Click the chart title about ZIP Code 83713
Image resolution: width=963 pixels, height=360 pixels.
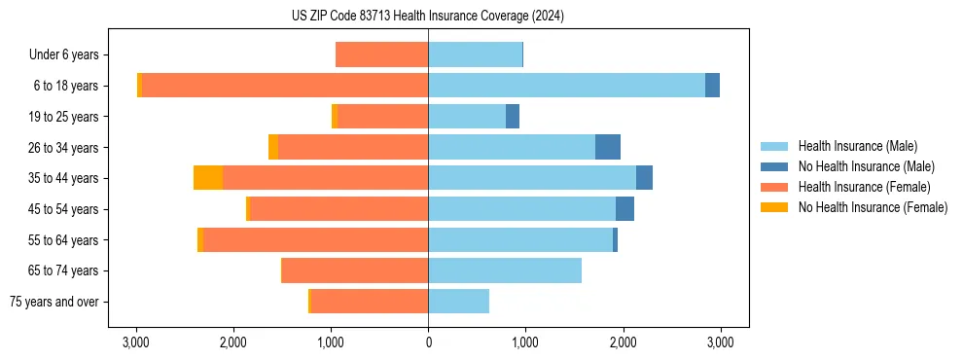(427, 17)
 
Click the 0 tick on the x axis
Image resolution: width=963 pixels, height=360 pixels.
(428, 342)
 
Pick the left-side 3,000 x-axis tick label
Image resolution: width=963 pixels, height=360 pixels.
(136, 342)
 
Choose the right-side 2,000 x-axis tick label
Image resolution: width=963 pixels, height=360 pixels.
(623, 342)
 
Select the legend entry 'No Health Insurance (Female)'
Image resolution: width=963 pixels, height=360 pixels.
(873, 207)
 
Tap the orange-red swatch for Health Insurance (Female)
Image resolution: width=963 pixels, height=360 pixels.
(775, 187)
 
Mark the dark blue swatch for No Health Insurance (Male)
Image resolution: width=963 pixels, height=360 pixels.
(775, 166)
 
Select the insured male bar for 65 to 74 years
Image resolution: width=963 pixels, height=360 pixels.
(505, 270)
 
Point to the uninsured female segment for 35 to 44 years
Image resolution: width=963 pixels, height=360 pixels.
(208, 178)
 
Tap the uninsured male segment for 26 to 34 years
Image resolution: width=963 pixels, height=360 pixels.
(608, 147)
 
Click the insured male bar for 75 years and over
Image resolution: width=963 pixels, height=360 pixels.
(458, 302)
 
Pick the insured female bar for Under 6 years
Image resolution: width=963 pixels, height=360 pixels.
(381, 54)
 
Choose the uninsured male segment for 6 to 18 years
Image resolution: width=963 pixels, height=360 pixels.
(712, 86)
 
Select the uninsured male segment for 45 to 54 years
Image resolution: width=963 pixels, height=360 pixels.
(624, 209)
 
